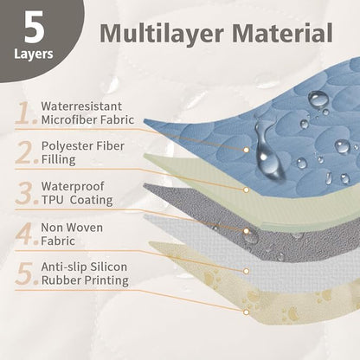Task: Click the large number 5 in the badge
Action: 35,28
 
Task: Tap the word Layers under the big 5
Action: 34,54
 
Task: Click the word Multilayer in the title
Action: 162,34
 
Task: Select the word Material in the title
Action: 282,33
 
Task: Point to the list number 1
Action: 26,112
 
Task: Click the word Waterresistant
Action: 81,106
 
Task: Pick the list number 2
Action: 26,152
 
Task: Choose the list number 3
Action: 26,193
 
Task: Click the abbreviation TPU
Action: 52,200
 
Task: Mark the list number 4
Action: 26,234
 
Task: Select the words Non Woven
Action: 72,228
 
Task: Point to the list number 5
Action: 26,273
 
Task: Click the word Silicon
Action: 109,267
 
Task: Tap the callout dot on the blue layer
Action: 246,150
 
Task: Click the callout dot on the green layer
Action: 246,190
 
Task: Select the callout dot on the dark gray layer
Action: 246,231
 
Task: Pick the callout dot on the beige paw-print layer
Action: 246,312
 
